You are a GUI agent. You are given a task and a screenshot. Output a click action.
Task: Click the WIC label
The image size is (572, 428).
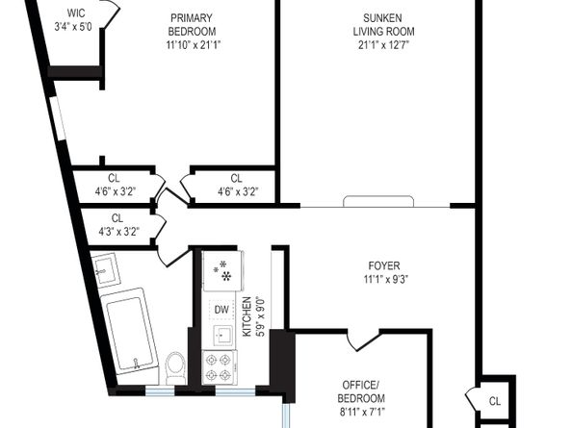(76, 13)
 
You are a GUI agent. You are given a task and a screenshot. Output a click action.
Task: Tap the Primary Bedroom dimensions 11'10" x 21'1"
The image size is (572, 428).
(194, 45)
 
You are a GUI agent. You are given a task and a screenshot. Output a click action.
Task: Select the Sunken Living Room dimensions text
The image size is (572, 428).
(383, 45)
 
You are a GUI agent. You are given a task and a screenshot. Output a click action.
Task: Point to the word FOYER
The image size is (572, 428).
(384, 265)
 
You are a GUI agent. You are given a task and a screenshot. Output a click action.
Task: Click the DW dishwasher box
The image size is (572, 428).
(221, 310)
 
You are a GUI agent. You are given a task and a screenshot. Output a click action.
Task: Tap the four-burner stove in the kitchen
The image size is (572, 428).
(219, 367)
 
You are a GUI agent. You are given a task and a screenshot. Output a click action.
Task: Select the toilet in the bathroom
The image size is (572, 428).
(175, 367)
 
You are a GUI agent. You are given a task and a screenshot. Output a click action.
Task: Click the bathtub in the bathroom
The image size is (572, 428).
(130, 332)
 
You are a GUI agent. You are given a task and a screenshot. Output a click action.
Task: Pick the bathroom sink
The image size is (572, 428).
(105, 269)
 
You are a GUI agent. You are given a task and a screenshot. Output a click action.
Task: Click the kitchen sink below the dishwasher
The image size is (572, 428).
(222, 335)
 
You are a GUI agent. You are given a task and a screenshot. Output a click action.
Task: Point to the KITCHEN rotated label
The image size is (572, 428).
(247, 316)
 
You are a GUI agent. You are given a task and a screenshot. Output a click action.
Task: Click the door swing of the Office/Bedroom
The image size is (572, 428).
(363, 340)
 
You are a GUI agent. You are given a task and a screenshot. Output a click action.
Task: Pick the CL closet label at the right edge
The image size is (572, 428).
(495, 401)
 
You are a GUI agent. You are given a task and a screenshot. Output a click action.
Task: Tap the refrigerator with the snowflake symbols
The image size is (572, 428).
(222, 270)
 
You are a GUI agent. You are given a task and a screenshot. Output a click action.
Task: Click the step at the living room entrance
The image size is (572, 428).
(378, 201)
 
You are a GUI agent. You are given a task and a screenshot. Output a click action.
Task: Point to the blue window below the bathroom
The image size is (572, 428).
(160, 390)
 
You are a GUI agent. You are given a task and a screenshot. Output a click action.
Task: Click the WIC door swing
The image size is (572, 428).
(111, 13)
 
